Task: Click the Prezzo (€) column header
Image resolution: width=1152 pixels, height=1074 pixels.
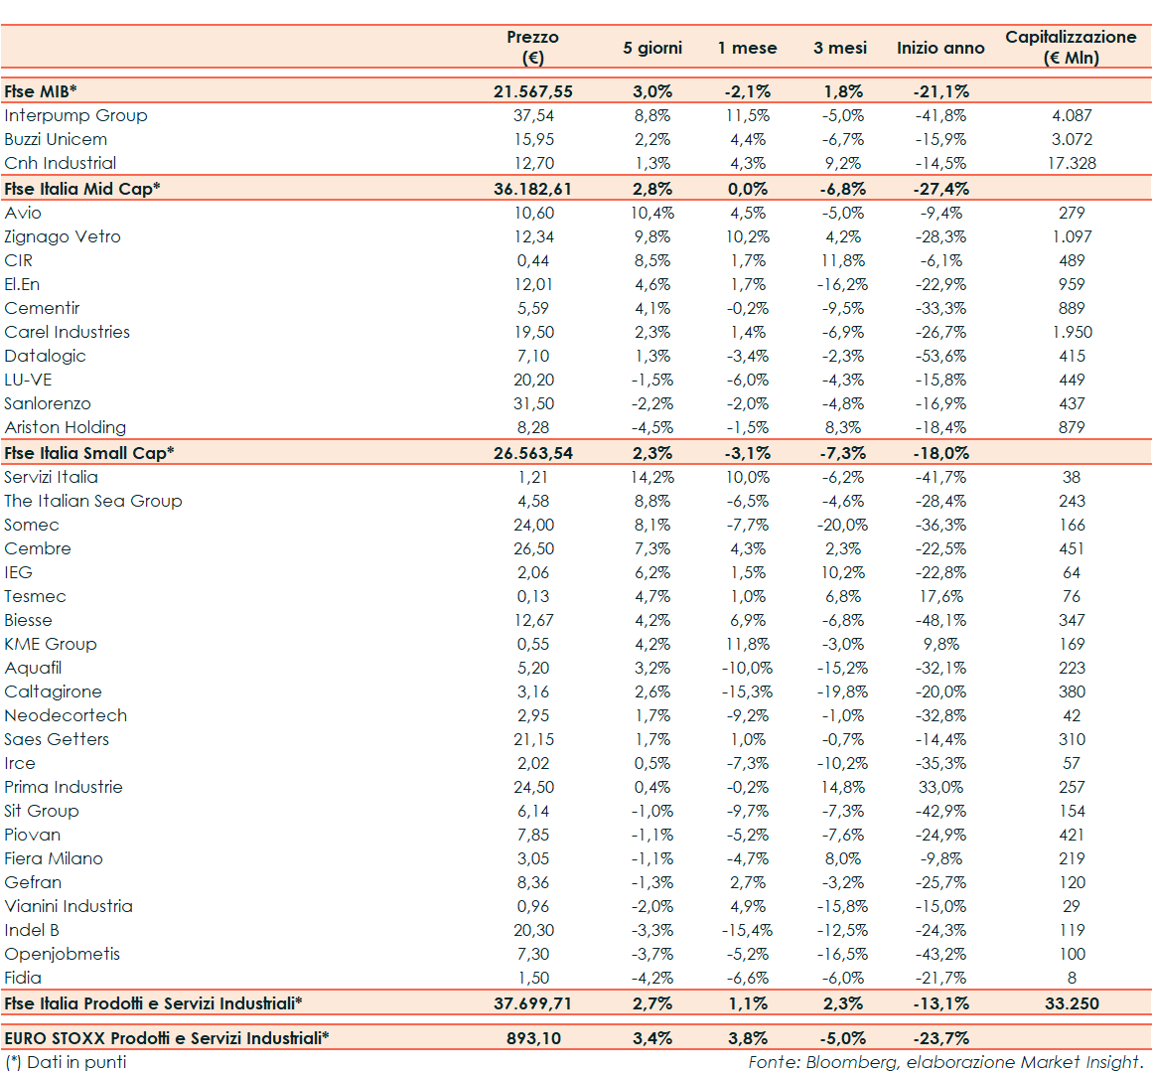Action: [533, 47]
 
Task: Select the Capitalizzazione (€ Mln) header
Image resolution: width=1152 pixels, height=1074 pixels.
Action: [1071, 47]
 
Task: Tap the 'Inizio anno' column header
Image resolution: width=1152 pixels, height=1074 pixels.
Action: [940, 48]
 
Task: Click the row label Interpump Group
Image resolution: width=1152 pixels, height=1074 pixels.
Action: [75, 115]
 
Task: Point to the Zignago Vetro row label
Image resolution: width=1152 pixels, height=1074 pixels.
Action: [63, 236]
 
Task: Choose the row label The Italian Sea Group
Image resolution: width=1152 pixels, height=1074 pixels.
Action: [93, 501]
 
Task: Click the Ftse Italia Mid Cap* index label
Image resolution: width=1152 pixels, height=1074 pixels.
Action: [82, 189]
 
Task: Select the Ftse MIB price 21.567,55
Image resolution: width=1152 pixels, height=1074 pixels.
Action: [533, 91]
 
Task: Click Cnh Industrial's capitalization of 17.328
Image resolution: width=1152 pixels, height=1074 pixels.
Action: [1072, 163]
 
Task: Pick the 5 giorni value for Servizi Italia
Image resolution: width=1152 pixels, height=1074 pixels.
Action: [652, 477]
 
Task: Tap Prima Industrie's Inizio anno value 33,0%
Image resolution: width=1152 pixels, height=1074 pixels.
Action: [940, 787]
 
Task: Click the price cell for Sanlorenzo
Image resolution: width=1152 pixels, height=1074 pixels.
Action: [533, 403]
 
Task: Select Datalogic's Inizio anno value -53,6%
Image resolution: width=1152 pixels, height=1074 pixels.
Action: [940, 356]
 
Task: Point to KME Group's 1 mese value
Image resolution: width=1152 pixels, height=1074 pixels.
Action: [747, 644]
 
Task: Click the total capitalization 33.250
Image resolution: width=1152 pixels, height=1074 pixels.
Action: [1072, 1003]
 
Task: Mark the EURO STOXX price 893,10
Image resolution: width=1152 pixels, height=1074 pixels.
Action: [533, 1038]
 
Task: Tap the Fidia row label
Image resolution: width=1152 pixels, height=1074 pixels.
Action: [23, 978]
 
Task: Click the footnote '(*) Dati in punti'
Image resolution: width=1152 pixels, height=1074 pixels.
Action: [67, 1062]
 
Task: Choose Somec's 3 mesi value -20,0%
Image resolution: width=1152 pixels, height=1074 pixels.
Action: [842, 525]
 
